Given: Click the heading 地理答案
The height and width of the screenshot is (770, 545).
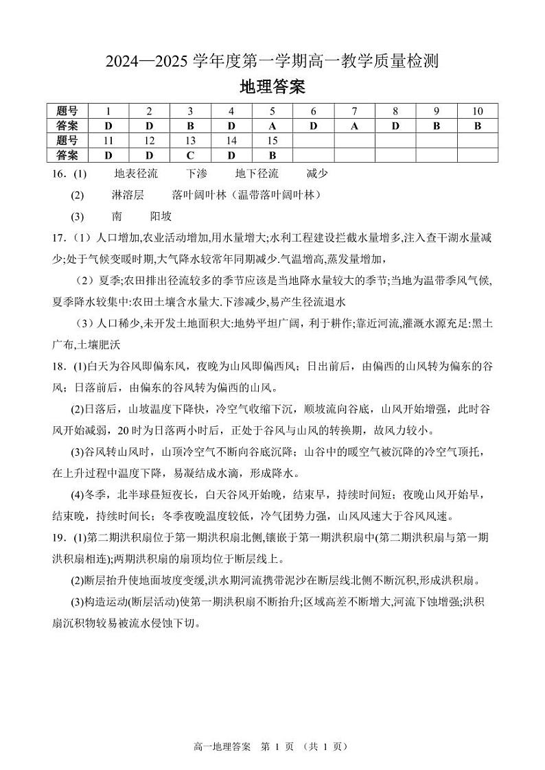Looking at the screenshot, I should (272, 87).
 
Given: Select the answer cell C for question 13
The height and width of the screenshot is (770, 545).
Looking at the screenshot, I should (190, 156).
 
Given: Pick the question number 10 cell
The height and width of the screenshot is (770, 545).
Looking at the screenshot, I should (477, 111).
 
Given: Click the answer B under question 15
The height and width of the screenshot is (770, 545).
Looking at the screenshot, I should (272, 156).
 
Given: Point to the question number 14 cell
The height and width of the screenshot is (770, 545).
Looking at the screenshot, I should (231, 141).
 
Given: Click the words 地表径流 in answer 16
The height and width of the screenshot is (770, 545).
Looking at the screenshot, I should (136, 174).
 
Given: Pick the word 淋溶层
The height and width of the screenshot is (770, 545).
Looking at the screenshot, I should (128, 195).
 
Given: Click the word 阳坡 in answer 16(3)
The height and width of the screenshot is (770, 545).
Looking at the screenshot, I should (161, 216).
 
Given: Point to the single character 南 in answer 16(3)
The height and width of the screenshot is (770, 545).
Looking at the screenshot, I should (117, 216).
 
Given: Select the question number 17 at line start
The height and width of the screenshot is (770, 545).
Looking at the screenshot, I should (58, 238).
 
